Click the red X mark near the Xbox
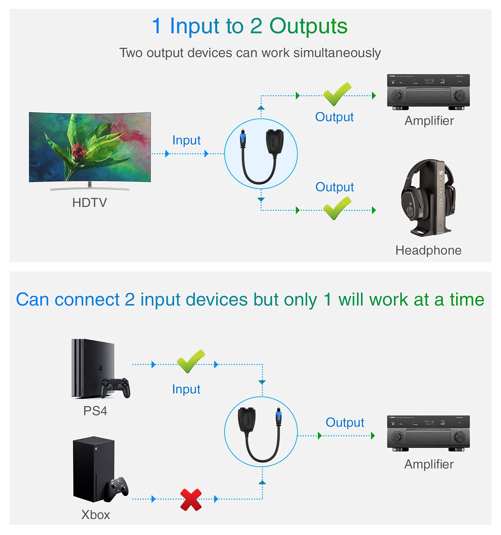pos(191,499)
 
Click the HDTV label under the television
pos(89,203)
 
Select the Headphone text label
pos(428,250)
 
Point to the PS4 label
pos(95,411)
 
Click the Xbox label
pos(96,515)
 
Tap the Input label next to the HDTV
pos(186,140)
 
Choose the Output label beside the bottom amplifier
pos(345,422)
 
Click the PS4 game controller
pos(115,388)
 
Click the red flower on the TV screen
pos(78,150)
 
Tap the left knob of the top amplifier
pos(397,95)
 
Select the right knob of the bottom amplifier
pos(459,436)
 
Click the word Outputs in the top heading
pos(308,26)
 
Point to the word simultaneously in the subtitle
pos(337,53)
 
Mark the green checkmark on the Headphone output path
pos(337,208)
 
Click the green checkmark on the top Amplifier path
pos(337,94)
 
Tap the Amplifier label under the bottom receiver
pos(429,464)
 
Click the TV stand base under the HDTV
pos(90,189)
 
